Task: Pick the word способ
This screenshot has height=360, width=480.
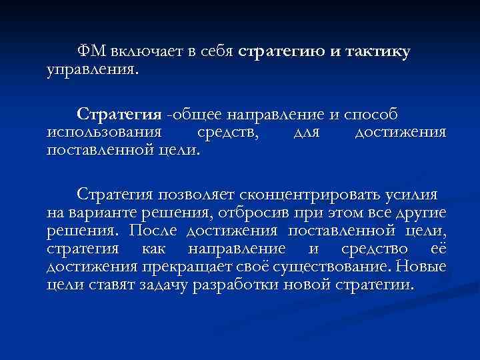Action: click(375, 114)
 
